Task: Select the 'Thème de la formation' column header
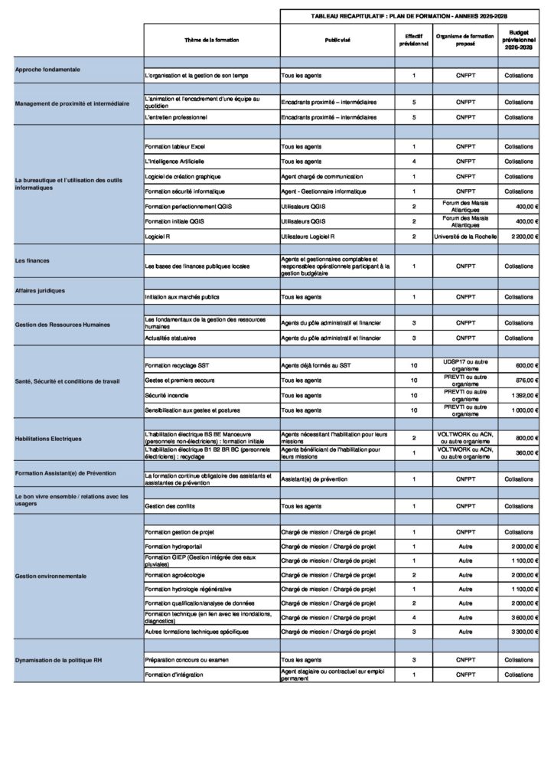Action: point(211,41)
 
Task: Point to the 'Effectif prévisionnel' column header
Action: point(413,41)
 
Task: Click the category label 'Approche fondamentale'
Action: point(48,70)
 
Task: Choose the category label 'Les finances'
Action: point(32,260)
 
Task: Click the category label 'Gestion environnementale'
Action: point(51,575)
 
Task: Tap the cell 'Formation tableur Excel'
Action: point(175,146)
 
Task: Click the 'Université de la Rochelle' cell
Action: point(465,237)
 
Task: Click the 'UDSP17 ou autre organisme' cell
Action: point(465,364)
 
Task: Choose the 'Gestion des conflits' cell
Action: point(167,507)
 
